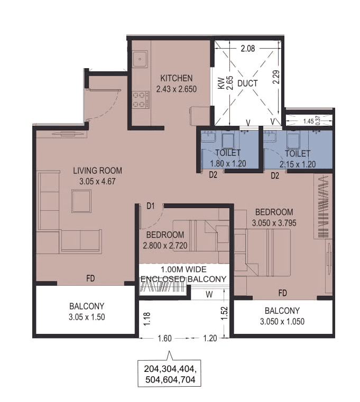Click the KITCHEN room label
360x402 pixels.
177,78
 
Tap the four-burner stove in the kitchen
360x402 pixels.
140,99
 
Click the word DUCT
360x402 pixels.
247,83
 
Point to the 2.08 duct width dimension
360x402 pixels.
247,49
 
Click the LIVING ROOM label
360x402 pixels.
97,171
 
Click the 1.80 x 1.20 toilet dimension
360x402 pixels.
228,164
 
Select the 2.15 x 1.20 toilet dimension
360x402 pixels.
299,164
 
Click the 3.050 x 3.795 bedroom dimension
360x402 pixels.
274,223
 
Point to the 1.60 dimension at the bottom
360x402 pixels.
165,339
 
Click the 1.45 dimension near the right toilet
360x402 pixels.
308,121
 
